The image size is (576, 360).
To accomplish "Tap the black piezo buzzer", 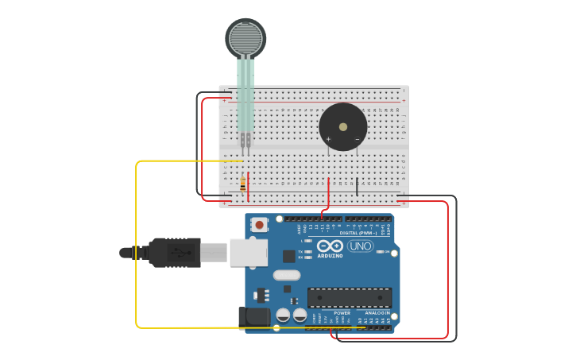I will pos(342,126).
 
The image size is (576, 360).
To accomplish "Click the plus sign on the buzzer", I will pos(328,139).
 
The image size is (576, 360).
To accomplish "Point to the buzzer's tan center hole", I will pos(343,126).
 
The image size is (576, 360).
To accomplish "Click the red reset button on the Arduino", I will pos(260,225).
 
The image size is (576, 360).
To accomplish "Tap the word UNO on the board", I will pos(360,246).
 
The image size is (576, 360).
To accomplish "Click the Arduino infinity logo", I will pos(330,246).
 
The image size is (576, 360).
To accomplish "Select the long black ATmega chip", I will pos(350,297).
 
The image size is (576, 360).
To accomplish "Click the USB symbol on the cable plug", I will pos(180,252).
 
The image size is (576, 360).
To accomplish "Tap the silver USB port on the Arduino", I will pos(248,252).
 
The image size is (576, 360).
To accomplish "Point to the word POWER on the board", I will pos(342,313).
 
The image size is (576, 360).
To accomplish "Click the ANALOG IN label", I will pos(377,313).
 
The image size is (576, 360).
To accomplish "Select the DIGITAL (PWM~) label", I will pos(358,233).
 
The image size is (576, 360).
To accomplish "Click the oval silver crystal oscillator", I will pos(287,275).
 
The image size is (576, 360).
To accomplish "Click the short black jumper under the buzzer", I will pos(357,187).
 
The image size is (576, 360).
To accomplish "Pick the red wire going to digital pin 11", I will pos(328,195).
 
